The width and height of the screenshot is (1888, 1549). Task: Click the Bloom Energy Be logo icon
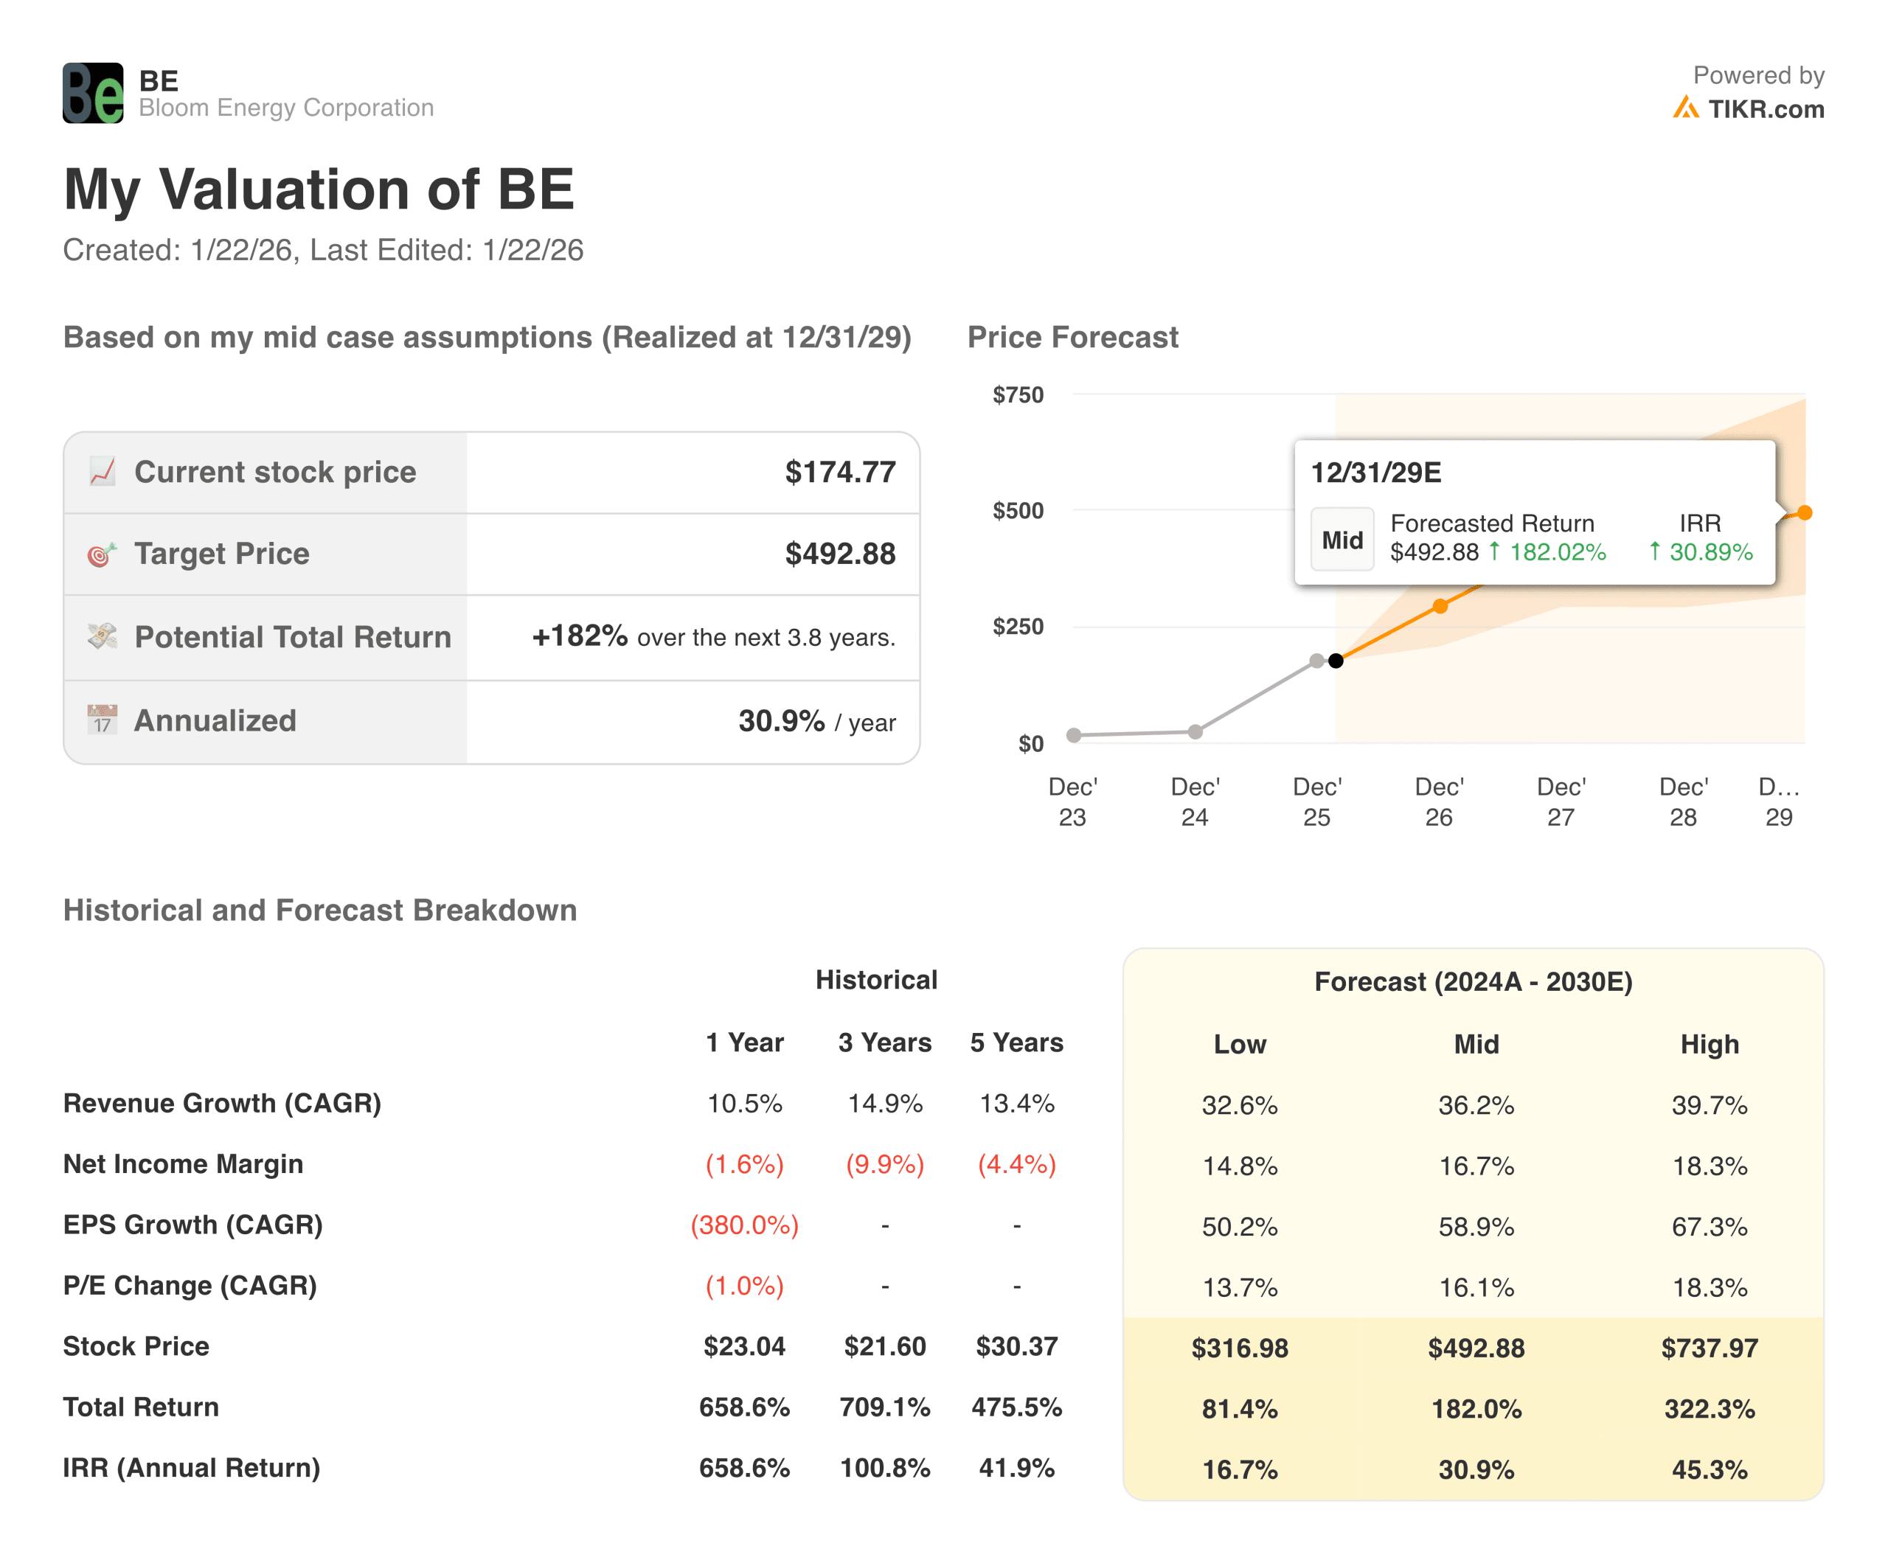pos(93,93)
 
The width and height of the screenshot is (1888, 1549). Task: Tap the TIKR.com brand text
pos(1765,109)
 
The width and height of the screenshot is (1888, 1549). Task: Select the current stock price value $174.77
pos(839,472)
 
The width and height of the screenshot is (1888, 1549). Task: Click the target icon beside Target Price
pos(102,554)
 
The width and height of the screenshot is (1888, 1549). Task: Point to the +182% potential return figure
pos(580,636)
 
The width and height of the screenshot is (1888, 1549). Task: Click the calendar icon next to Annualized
pos(102,719)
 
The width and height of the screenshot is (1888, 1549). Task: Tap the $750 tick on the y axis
pos(1018,394)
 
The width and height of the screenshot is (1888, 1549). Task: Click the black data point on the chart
pos(1336,661)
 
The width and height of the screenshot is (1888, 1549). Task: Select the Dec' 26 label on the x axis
pos(1438,801)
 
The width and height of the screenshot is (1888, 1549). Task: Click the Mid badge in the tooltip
pos(1342,539)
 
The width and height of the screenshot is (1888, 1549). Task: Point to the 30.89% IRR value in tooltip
pos(1710,552)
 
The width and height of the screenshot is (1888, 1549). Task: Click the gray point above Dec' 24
pos(1195,731)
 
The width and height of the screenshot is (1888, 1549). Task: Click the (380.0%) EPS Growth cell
pos(743,1225)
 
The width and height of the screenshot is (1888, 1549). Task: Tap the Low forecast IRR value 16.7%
pos(1239,1469)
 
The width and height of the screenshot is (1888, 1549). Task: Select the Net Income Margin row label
pos(183,1163)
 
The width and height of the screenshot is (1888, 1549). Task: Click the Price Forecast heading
pos(1072,337)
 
